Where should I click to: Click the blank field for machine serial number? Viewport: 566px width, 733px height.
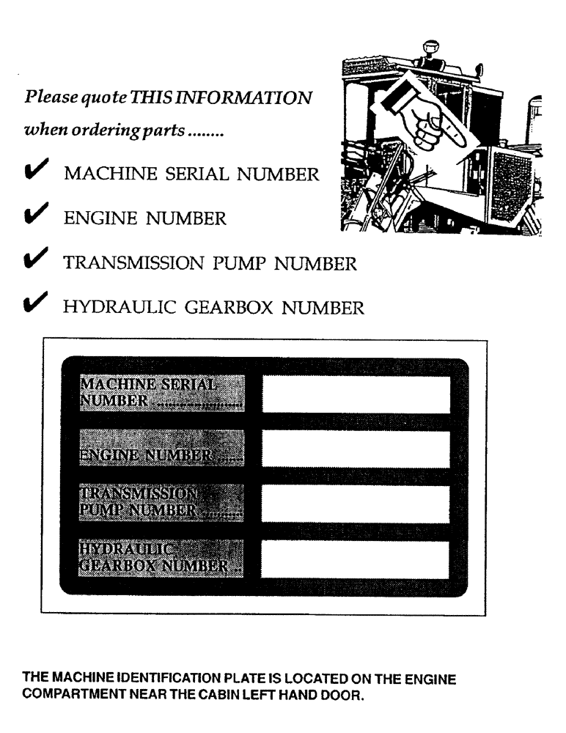[x=356, y=395]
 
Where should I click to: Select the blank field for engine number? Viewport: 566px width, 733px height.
[x=356, y=449]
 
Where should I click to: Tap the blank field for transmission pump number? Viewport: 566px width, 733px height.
[x=356, y=504]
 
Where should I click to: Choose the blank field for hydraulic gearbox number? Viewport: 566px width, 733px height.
[x=356, y=559]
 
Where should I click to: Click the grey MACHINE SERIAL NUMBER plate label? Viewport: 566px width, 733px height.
[x=161, y=394]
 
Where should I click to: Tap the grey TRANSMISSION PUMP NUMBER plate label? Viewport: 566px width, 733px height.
[x=161, y=502]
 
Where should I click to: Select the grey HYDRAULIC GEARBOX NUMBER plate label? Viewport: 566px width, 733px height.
[x=161, y=558]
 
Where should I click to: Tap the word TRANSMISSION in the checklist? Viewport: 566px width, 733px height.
[x=141, y=264]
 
